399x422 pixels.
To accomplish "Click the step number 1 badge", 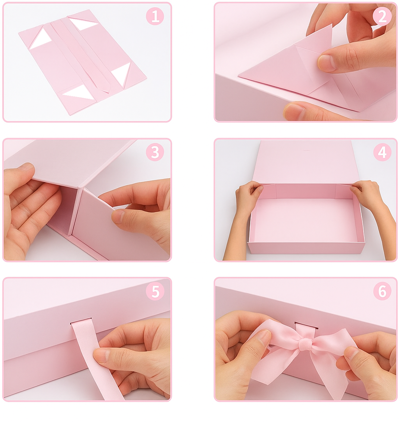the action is [155, 16].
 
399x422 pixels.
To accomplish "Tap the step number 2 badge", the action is [382, 16].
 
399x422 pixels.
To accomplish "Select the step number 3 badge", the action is [155, 152].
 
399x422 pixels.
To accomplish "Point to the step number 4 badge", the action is [382, 152].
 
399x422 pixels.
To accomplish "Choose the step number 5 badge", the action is [155, 291].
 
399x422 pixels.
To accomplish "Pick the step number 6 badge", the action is [382, 291].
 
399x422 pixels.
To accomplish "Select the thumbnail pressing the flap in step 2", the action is [326, 62].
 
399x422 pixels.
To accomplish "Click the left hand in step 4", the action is [243, 215].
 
